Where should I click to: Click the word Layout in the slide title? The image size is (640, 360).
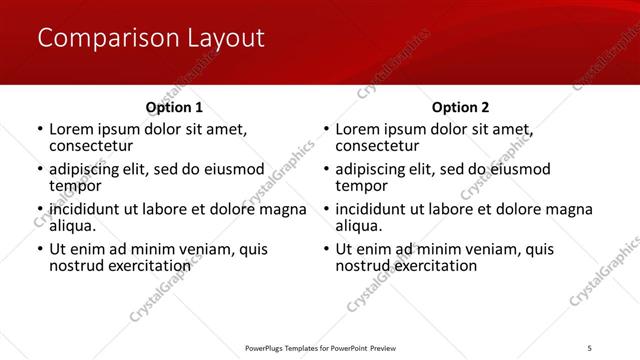tap(226, 39)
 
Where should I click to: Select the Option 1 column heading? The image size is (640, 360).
tap(174, 107)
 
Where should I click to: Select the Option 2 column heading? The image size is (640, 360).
tap(460, 107)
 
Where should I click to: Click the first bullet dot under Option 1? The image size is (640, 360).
tap(39, 130)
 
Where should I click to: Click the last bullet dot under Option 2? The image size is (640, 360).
tap(326, 250)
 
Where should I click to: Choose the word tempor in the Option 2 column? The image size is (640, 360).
tap(361, 185)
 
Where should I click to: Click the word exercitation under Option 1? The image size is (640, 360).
tap(149, 265)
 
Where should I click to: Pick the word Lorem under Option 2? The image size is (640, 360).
tap(358, 130)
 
